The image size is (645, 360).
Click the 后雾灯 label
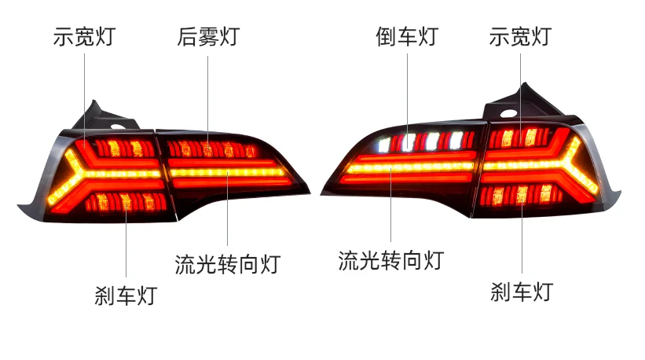(207, 36)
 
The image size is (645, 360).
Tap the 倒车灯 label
(406, 36)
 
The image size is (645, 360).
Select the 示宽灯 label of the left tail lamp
(85, 36)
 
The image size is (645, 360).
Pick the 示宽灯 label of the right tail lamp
(519, 36)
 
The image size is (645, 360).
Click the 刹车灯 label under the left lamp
(126, 296)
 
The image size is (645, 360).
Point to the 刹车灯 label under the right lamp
(522, 292)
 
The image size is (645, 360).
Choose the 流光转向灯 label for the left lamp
(227, 264)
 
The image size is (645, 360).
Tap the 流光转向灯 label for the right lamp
(390, 260)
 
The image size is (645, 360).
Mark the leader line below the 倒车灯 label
(406, 94)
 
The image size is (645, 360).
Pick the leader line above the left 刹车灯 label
(126, 244)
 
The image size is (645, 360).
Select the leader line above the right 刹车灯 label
(522, 236)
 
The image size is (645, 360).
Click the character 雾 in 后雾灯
(207, 36)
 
